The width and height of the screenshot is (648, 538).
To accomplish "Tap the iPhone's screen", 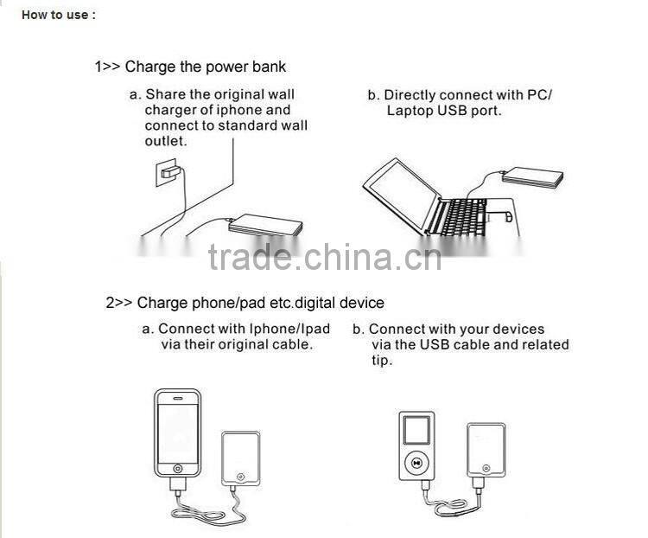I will tap(178, 430).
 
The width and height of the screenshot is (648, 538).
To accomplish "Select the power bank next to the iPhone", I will tap(240, 459).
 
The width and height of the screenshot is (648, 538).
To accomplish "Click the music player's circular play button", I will tap(416, 462).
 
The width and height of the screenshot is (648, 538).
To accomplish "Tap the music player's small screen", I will tap(416, 431).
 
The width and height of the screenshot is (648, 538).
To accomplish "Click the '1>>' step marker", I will tap(107, 67).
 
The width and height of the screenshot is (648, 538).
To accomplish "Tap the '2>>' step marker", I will tap(119, 303).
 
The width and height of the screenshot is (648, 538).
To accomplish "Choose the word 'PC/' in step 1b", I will tap(537, 95).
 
